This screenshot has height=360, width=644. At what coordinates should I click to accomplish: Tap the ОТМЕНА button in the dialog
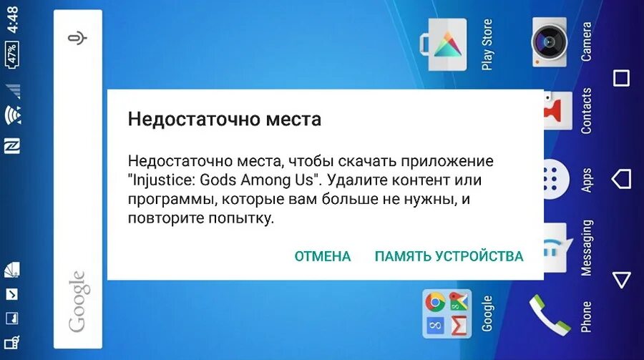point(322,256)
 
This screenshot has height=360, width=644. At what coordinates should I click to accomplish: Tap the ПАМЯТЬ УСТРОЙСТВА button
point(449,256)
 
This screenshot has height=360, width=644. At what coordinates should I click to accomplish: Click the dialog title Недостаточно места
point(224,119)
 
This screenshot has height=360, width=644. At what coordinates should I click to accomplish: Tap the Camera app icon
point(549,42)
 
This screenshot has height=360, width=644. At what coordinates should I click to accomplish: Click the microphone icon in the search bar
point(77,39)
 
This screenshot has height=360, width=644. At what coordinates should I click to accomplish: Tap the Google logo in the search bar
point(77,301)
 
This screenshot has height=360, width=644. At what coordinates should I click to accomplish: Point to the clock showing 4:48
point(14,19)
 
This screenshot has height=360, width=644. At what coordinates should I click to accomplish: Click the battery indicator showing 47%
point(13,56)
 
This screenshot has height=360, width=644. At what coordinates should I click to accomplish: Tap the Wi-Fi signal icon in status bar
point(13,115)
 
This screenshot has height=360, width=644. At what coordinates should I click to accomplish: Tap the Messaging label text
point(586,248)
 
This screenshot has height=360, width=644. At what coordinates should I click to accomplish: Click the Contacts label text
point(586,111)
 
